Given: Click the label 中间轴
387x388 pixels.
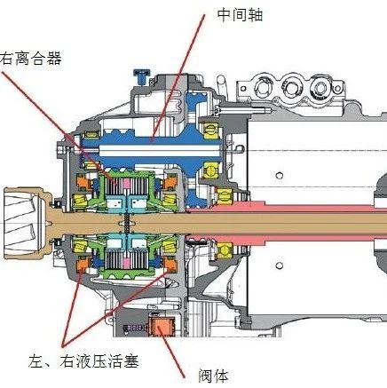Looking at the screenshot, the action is click(x=240, y=15).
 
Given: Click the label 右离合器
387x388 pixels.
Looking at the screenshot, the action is click(x=31, y=58).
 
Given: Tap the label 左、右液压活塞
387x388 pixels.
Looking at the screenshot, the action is click(x=83, y=360).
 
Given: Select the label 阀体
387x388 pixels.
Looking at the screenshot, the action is click(x=214, y=376).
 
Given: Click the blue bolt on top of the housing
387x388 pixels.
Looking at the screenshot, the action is click(x=141, y=76).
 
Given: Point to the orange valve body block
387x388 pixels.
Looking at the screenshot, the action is click(x=162, y=328).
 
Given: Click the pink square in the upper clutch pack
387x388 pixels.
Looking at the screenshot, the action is click(x=127, y=184).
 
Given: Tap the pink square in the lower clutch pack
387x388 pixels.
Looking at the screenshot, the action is click(x=127, y=263).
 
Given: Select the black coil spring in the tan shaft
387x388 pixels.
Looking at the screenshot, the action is click(x=127, y=223).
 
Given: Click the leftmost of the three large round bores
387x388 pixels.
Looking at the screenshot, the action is click(x=262, y=87).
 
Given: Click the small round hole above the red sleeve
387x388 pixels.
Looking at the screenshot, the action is click(x=280, y=175).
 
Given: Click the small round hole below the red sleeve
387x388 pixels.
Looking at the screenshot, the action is click(x=280, y=265).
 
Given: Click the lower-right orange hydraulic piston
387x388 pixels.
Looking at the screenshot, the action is click(x=170, y=263).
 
